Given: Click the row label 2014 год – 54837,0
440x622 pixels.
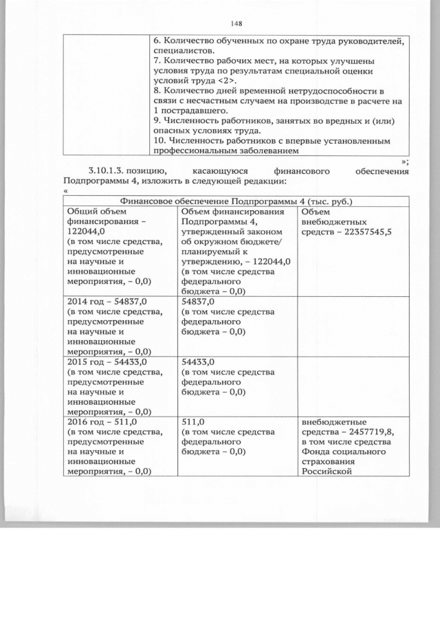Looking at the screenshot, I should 107,301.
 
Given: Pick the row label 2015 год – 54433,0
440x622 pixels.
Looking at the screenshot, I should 107,361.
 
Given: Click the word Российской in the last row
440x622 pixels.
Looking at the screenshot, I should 327,471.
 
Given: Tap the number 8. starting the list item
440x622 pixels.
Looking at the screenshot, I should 157,91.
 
